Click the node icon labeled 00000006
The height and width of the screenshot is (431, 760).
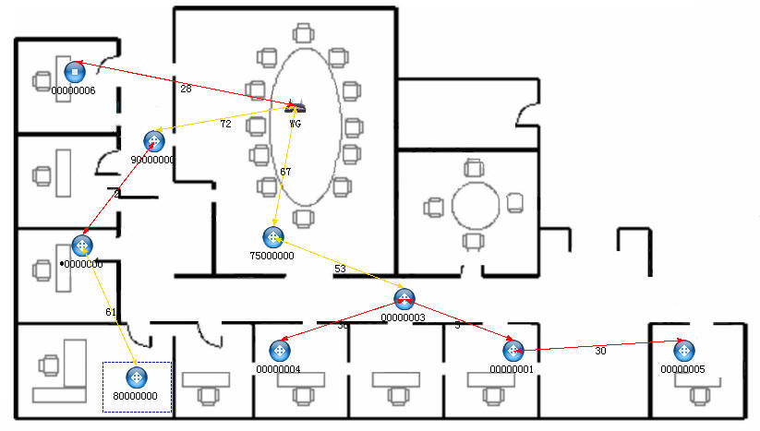click(75, 70)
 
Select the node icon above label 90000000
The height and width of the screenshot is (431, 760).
click(154, 141)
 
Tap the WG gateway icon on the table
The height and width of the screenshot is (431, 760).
click(295, 107)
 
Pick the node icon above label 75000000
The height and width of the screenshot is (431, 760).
click(273, 237)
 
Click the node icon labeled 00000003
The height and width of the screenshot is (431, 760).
click(404, 299)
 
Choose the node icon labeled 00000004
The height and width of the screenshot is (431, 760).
click(279, 351)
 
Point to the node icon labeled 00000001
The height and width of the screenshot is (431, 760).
click(513, 351)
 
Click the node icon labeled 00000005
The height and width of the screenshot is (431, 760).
click(683, 351)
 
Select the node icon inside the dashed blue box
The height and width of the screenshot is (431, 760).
click(136, 377)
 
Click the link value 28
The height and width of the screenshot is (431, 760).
click(186, 89)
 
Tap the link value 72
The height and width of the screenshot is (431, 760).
click(225, 124)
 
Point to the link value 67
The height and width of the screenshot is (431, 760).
click(285, 173)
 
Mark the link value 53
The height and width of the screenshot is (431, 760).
click(340, 269)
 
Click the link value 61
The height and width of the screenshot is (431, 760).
click(111, 313)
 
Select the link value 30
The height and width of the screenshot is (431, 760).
click(600, 351)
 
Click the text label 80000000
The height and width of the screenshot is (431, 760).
click(136, 397)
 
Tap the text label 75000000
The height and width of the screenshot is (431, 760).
click(272, 256)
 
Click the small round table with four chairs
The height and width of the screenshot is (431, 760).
click(475, 204)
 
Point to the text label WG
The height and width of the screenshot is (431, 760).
click(295, 123)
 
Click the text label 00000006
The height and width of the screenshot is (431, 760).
click(74, 90)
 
